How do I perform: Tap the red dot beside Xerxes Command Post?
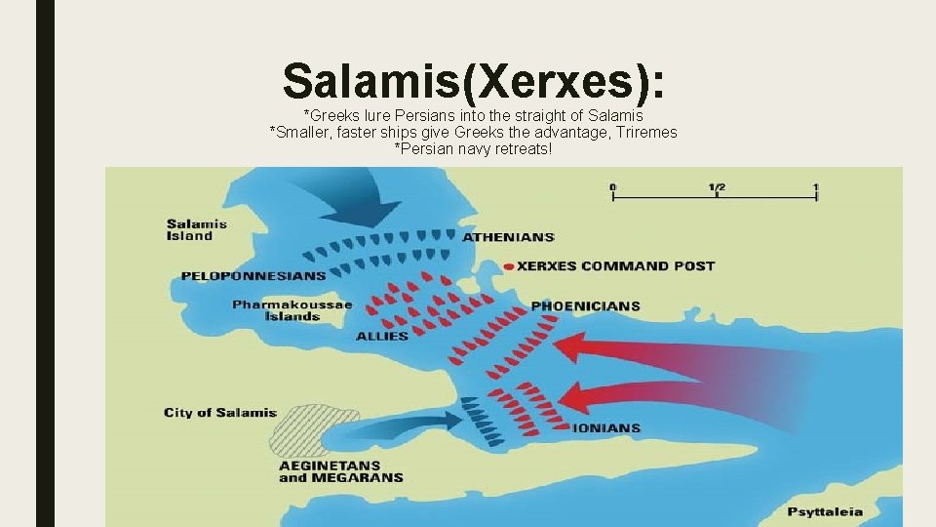tap(507, 265)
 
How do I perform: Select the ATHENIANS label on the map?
tap(508, 237)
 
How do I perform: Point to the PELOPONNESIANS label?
tap(253, 276)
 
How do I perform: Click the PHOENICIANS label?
tap(585, 305)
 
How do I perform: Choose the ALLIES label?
tap(382, 337)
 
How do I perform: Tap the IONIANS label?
tap(605, 427)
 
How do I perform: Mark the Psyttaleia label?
tap(825, 511)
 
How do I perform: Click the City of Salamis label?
tap(220, 413)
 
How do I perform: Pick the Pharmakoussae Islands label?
tap(292, 310)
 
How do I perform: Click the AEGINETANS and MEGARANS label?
tap(340, 471)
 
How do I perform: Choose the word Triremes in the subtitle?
tap(642, 132)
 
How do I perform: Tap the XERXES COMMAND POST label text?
tap(615, 265)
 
